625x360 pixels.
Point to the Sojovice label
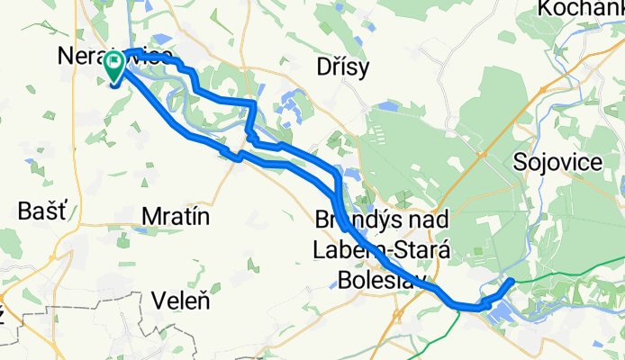558,162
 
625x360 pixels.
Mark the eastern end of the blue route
512,282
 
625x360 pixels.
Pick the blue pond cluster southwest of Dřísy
291,108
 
